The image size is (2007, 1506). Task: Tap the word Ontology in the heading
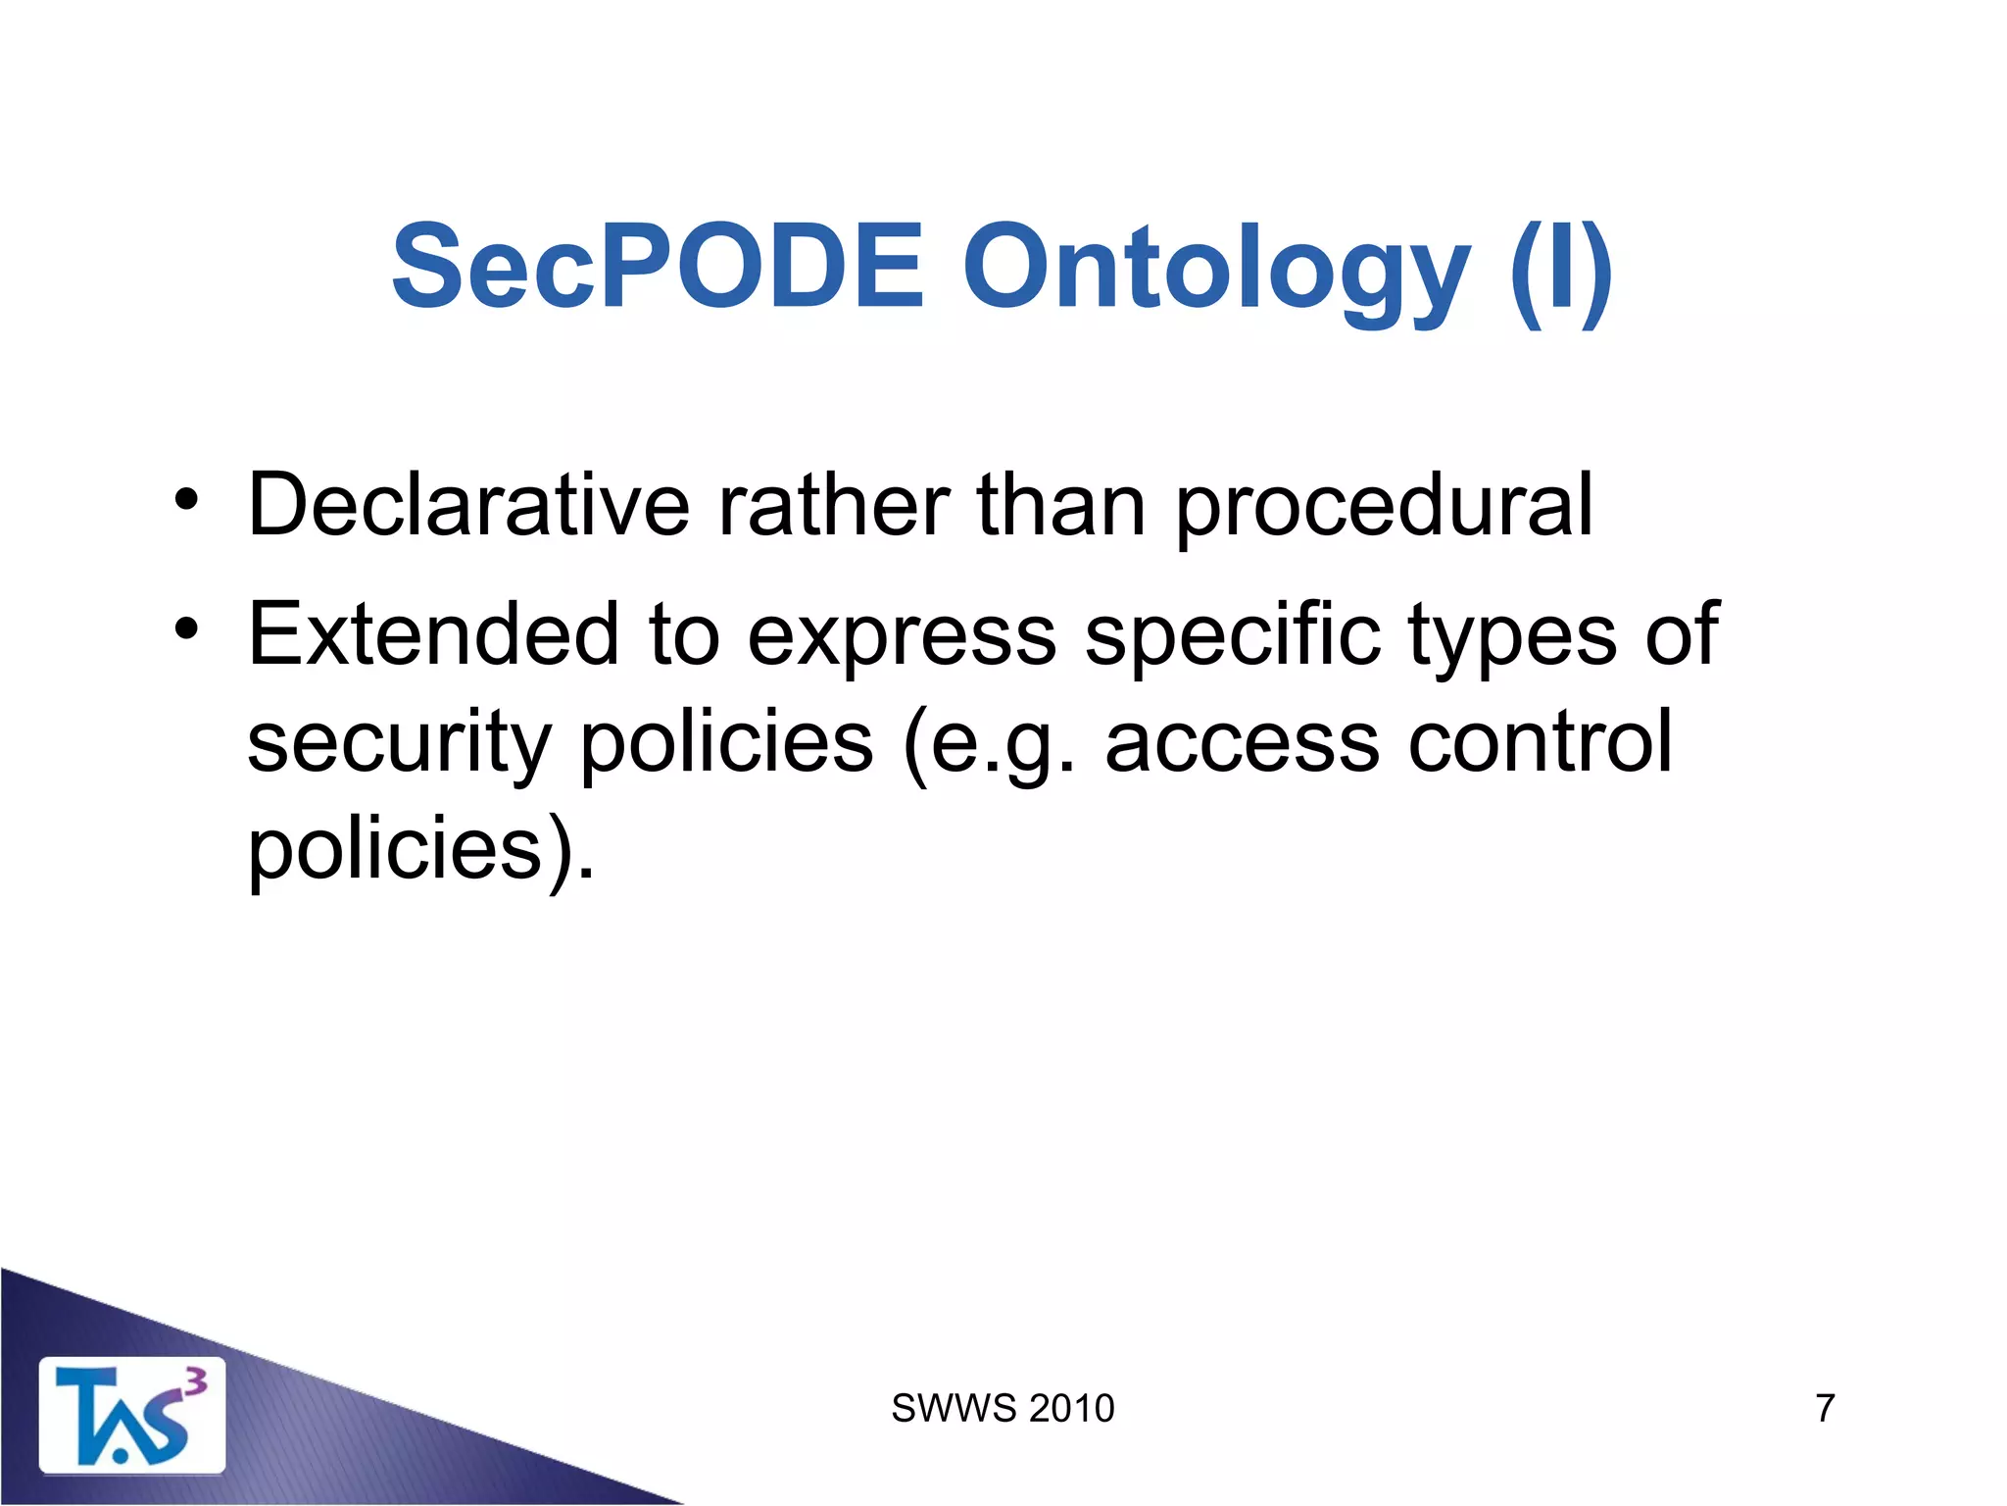click(x=1215, y=270)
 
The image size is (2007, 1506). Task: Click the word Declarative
click(x=469, y=505)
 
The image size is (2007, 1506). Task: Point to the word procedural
click(x=1383, y=508)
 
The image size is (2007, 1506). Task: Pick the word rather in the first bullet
click(x=833, y=505)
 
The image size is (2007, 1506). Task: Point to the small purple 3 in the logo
click(x=196, y=1382)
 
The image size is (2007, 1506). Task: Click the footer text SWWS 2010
click(x=1003, y=1409)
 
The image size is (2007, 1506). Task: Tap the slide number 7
click(x=1825, y=1409)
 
